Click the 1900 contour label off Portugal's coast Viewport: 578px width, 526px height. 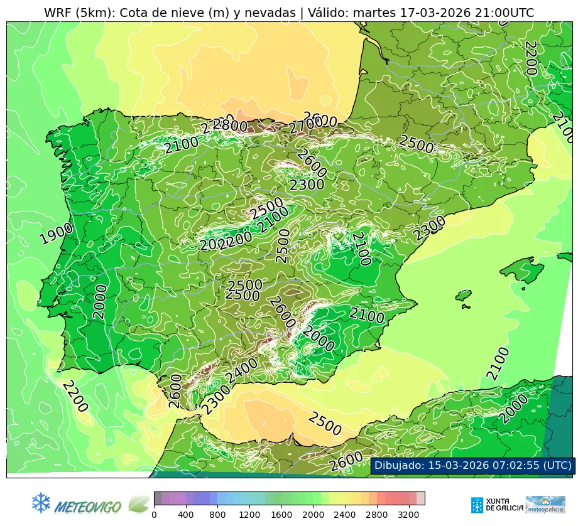point(56,233)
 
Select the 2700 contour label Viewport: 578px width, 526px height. point(305,127)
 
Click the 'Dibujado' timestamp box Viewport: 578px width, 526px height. point(472,465)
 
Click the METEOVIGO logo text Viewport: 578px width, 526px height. point(89,506)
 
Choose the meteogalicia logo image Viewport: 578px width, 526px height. point(545,504)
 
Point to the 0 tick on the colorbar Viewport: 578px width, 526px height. point(154,515)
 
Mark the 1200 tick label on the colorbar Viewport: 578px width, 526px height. point(249,515)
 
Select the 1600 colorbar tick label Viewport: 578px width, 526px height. point(281,515)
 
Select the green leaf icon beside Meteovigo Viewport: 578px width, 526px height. point(139,503)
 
